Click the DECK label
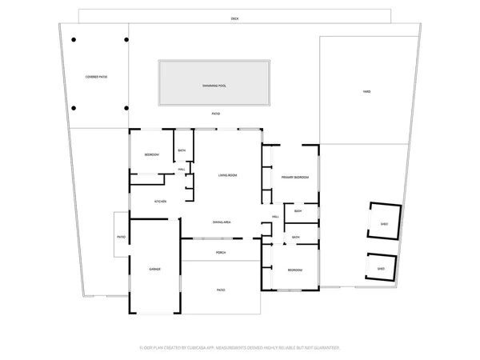[234, 18]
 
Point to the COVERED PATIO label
[96, 77]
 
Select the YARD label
[366, 91]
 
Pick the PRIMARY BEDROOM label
[294, 177]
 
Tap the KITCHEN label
[160, 201]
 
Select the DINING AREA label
[222, 222]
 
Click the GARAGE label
[154, 269]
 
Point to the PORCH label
[221, 253]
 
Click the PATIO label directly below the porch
[221, 290]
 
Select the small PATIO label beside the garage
[122, 237]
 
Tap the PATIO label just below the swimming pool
[216, 114]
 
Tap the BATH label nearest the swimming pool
[182, 151]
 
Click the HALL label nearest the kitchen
[182, 170]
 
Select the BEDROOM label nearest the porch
[294, 270]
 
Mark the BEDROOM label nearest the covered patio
[151, 154]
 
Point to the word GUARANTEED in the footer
[324, 348]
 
